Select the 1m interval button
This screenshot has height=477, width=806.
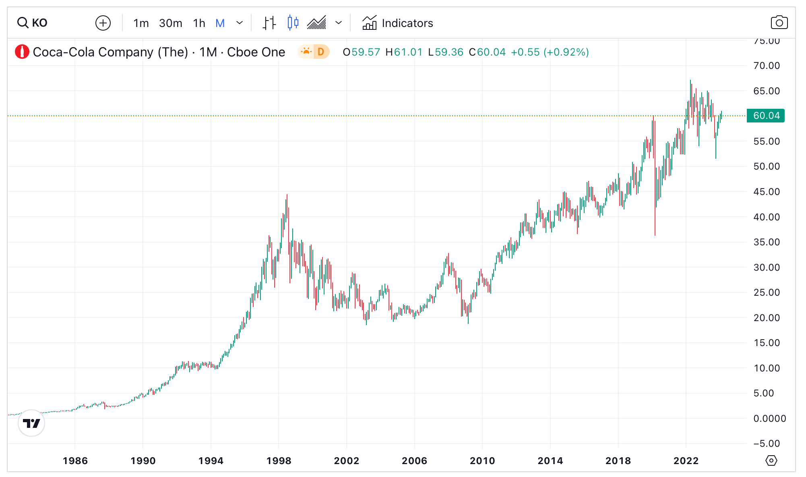coord(141,23)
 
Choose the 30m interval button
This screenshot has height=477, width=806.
coord(170,23)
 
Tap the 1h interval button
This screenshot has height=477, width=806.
coord(199,23)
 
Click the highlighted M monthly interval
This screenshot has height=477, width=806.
coord(220,23)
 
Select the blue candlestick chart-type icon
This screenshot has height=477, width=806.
coord(293,23)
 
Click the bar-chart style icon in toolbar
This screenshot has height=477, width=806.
coord(269,23)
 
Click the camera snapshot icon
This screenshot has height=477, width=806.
coord(779,23)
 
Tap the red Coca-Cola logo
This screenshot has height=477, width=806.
coord(22,52)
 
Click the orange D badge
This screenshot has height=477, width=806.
coord(321,52)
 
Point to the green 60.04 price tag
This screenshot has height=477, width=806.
coord(766,116)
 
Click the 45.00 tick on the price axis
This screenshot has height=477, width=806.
coord(766,192)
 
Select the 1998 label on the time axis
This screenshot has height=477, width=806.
coord(279,460)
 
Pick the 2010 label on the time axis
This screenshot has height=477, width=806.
coord(482,460)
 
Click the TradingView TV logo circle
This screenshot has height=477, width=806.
coord(31,423)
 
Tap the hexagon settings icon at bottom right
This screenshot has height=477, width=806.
coord(771,460)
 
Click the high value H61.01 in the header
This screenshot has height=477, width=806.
coord(404,52)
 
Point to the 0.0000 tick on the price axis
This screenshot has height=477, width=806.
coord(769,419)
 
